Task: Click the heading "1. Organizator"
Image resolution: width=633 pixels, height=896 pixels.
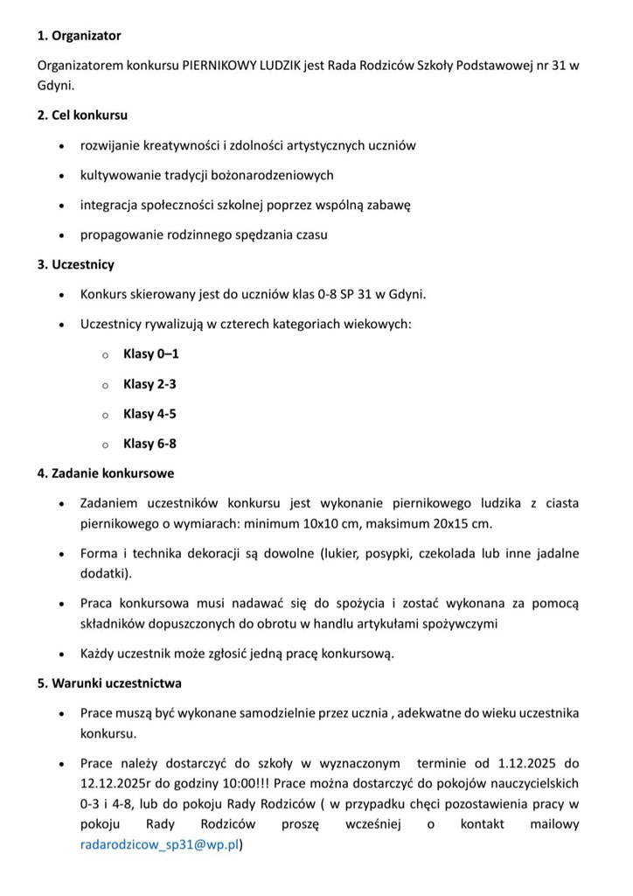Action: [80, 36]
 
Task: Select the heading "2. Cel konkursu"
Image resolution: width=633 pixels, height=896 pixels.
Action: [82, 115]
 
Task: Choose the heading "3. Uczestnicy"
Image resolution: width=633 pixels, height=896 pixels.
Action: [75, 264]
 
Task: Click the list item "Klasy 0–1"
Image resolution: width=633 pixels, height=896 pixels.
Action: [151, 354]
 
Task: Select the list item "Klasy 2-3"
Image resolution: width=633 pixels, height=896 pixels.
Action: [150, 384]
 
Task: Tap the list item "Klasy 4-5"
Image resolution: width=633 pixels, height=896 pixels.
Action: [150, 414]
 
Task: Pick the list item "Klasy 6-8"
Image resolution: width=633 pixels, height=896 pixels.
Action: [150, 444]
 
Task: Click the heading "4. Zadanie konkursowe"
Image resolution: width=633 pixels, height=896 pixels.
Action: [106, 473]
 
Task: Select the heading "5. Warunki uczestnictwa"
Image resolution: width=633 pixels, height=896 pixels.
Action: [109, 682]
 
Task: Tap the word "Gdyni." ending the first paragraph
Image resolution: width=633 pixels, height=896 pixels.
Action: [56, 86]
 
